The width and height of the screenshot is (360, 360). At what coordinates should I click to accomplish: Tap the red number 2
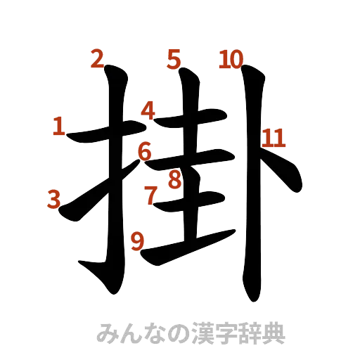pyautogui.click(x=97, y=59)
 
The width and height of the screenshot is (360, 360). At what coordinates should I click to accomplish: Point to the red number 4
pyautogui.click(x=148, y=110)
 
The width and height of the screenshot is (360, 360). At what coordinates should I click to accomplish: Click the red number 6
pyautogui.click(x=144, y=150)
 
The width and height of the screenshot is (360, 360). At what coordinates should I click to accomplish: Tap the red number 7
pyautogui.click(x=150, y=195)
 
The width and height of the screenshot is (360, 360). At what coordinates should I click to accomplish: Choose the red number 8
pyautogui.click(x=174, y=180)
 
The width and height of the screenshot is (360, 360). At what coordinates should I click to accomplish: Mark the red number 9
pyautogui.click(x=138, y=241)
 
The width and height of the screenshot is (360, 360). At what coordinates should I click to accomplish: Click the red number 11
pyautogui.click(x=273, y=139)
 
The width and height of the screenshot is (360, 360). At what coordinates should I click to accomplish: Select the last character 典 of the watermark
pyautogui.click(x=274, y=333)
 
